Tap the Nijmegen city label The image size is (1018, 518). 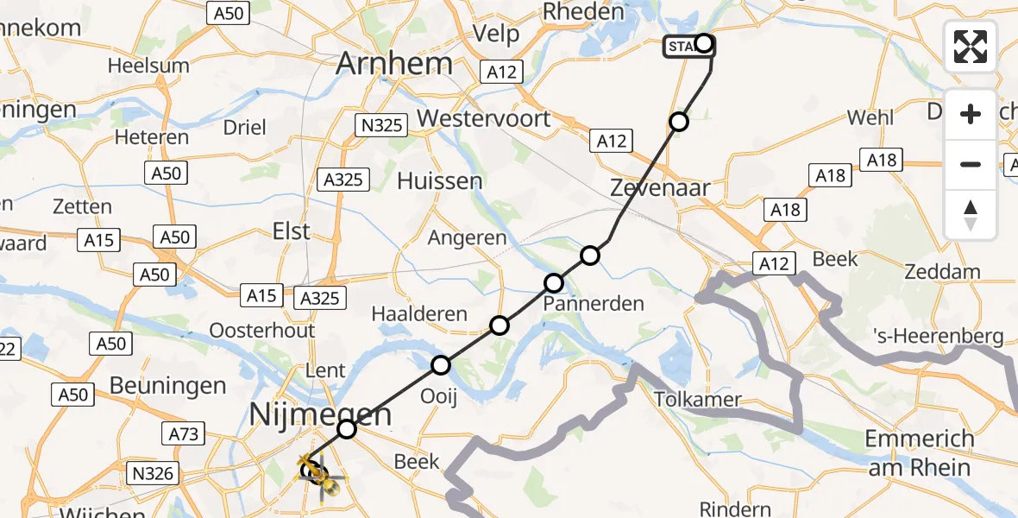[320, 415]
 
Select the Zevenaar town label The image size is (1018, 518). [659, 187]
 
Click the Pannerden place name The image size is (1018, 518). [594, 303]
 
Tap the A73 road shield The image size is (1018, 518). [184, 433]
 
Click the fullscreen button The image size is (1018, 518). [971, 47]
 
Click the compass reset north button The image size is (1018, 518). [971, 215]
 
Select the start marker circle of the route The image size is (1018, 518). [705, 43]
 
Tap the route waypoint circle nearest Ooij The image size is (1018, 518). [441, 365]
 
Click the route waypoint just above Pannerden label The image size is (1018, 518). [554, 282]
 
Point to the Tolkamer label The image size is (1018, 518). [697, 400]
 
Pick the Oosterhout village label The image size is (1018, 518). [261, 330]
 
